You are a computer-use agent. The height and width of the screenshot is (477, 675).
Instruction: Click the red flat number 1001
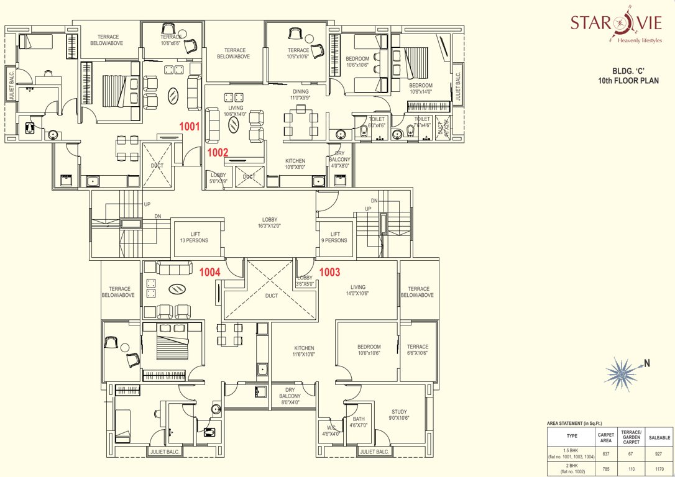(x=189, y=126)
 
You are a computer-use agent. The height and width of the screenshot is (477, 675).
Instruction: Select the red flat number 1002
(x=218, y=152)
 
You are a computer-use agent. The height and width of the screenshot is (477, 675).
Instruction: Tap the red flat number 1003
(x=330, y=271)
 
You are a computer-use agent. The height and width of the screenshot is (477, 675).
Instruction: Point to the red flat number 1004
(x=210, y=271)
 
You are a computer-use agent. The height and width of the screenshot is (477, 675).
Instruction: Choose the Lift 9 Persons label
(x=334, y=237)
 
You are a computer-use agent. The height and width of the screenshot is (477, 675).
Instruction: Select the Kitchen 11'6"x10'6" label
(x=304, y=352)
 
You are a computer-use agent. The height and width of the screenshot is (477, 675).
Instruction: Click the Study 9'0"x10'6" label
(x=399, y=415)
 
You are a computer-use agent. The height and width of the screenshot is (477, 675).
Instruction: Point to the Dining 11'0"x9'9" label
(x=300, y=95)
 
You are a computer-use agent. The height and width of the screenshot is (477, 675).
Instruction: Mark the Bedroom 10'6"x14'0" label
(x=421, y=89)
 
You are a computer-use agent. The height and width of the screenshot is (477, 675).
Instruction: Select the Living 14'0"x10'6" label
(x=358, y=290)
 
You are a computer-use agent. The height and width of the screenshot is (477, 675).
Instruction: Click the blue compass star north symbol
(x=622, y=371)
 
